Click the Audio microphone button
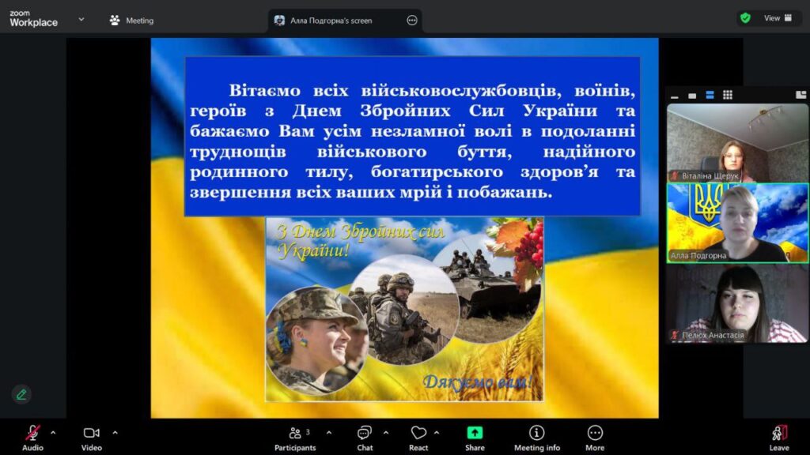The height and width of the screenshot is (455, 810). point(32,438)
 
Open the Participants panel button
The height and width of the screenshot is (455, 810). point(295,438)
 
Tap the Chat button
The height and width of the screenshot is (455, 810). point(365,438)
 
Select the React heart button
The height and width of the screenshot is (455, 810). point(418,438)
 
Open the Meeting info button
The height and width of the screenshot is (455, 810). point(537,438)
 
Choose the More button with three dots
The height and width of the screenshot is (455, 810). point(595,438)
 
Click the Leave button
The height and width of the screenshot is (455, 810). point(779,438)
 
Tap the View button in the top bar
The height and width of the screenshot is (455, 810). point(778,18)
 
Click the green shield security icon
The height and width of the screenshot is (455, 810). point(745,18)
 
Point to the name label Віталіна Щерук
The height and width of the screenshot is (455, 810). point(710,176)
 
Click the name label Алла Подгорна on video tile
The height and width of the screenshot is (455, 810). point(698,255)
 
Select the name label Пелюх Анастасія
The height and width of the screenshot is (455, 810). point(713,335)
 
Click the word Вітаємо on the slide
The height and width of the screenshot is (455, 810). point(264,90)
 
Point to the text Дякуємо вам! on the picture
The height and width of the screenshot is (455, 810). point(477,382)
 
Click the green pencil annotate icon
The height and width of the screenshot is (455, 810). point(21,395)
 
